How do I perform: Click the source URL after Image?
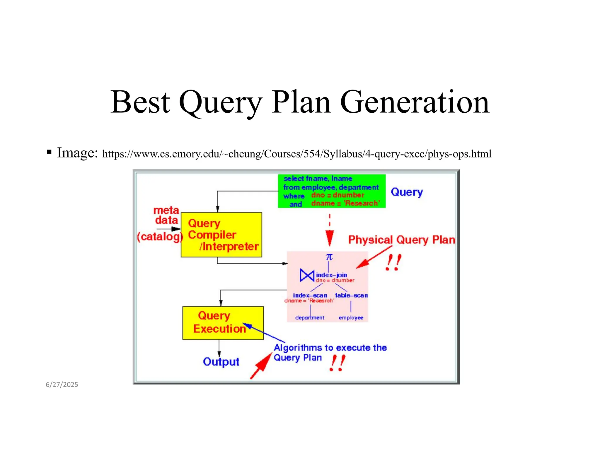click(296, 154)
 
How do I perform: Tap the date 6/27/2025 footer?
click(62, 384)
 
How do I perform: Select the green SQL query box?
click(331, 191)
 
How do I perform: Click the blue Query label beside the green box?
click(407, 192)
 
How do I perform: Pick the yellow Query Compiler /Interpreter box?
click(221, 235)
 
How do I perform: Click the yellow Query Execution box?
click(223, 323)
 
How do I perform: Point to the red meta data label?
click(166, 215)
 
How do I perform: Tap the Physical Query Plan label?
click(401, 240)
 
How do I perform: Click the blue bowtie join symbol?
click(307, 275)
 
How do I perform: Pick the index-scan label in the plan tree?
click(310, 295)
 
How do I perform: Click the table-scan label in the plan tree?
click(351, 295)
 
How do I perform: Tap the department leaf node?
click(310, 318)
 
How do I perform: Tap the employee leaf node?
click(351, 318)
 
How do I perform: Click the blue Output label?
click(221, 362)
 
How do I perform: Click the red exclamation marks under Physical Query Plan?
click(393, 262)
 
